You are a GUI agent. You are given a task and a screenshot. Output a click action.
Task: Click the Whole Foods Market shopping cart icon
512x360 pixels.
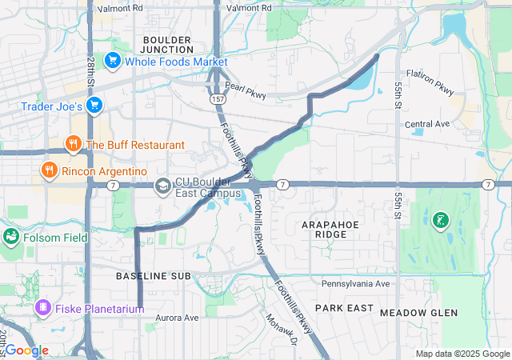113,61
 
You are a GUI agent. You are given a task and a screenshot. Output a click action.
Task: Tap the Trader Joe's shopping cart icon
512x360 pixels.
94,105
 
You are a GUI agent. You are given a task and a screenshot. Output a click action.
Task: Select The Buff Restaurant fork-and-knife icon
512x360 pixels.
73,144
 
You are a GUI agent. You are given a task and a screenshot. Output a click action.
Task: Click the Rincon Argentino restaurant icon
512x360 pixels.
50,170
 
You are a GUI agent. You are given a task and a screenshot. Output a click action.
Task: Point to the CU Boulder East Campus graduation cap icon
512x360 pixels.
162,186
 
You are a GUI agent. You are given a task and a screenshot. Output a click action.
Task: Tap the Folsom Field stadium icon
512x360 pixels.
11,236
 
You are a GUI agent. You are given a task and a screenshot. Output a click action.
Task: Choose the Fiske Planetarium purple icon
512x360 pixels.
43,306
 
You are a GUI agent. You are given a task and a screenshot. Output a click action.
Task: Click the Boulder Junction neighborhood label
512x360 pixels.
167,44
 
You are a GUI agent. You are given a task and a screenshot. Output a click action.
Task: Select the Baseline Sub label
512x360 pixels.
153,275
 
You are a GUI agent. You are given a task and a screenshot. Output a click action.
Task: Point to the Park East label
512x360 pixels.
344,307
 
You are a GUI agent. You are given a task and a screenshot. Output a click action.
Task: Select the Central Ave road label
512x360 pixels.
428,124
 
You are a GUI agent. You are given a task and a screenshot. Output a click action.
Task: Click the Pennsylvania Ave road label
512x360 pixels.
355,283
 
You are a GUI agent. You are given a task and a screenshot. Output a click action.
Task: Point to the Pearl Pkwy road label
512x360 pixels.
245,90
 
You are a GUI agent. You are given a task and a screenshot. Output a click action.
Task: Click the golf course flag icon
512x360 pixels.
439,218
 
